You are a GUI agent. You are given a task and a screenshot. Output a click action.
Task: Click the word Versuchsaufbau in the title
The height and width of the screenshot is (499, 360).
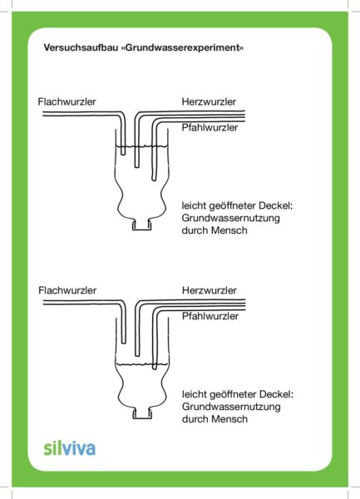(x=81, y=47)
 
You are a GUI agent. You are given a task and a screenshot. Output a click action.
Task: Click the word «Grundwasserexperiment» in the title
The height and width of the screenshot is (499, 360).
(x=183, y=47)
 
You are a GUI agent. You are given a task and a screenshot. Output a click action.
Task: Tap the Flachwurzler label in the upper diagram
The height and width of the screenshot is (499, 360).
(x=67, y=101)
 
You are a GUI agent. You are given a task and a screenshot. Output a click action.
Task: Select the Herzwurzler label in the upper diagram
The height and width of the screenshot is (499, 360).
(x=209, y=101)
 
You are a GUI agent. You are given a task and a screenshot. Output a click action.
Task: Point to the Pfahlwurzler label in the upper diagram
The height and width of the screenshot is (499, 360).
(x=210, y=127)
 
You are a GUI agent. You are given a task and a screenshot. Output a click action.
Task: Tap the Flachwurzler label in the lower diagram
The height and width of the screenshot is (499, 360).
(x=67, y=290)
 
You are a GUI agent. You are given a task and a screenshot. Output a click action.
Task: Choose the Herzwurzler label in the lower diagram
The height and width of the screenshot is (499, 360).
(x=210, y=290)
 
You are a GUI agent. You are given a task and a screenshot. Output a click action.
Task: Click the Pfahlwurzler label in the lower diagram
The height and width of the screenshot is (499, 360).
(x=210, y=316)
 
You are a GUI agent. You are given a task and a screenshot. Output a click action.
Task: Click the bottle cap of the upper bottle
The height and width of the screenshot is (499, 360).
(x=142, y=225)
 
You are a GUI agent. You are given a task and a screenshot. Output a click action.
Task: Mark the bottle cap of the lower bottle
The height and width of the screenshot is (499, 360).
(x=142, y=413)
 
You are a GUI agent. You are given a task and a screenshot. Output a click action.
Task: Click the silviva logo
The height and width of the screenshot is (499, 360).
(x=70, y=448)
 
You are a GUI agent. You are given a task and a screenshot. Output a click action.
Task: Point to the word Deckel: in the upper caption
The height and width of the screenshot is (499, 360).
(x=276, y=205)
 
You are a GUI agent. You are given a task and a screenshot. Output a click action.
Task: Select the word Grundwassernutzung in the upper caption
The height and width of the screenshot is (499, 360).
(x=231, y=218)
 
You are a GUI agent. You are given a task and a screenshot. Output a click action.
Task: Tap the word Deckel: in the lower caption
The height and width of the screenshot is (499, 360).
(x=276, y=394)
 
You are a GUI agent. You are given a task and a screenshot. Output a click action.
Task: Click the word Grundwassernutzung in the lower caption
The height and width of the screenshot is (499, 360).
(x=231, y=407)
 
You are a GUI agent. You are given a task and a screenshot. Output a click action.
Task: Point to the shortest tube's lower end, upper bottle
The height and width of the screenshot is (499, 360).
(x=123, y=154)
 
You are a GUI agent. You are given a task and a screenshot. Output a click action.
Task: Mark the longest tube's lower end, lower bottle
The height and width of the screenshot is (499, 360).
(x=155, y=368)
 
